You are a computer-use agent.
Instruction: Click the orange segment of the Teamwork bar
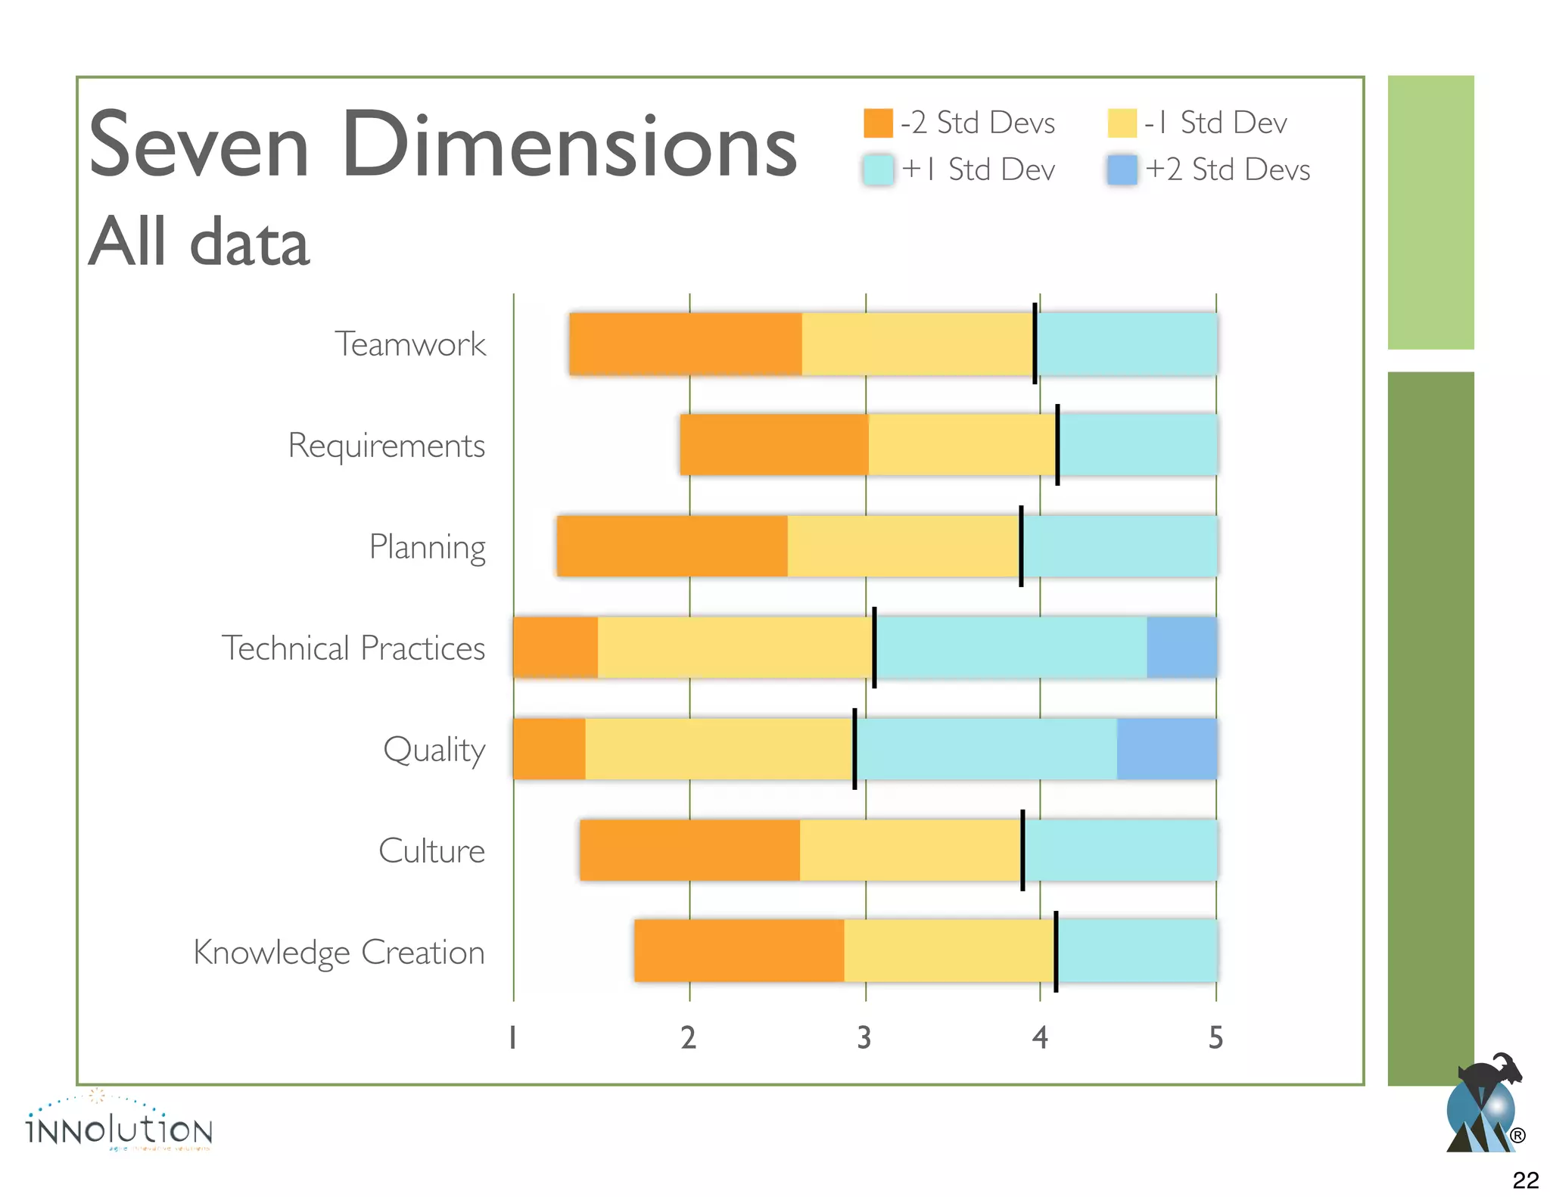click(685, 344)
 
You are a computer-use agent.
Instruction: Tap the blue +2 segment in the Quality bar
click(1166, 749)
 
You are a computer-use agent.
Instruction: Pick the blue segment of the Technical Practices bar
click(1181, 648)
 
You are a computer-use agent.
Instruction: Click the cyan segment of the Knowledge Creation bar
click(1137, 951)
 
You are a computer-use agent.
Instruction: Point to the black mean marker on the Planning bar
click(1021, 546)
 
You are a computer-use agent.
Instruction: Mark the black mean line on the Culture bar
click(1022, 850)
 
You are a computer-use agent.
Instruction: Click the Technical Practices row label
click(353, 648)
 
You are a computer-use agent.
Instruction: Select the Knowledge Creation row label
click(339, 953)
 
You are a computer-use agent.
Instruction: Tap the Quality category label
click(434, 750)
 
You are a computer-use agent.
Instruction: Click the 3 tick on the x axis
click(864, 1037)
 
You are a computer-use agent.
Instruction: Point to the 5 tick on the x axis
click(1215, 1037)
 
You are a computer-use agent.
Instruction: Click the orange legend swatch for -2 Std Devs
click(878, 123)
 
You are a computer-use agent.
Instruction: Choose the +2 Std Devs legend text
click(1228, 169)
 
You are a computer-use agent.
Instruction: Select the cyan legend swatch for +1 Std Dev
click(878, 170)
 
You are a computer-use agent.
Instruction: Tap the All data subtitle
click(199, 242)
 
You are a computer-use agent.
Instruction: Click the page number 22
click(1525, 1180)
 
